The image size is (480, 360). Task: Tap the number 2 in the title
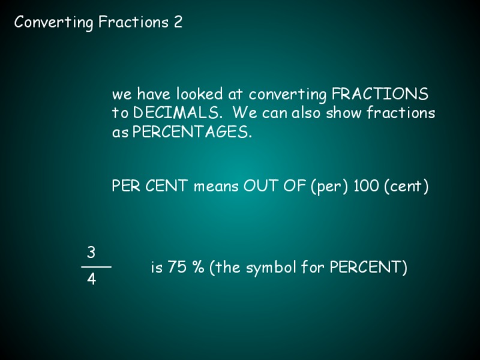tap(178, 23)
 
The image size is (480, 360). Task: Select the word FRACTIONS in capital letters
tap(380, 95)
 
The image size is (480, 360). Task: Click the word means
tap(217, 187)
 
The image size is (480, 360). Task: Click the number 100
tap(366, 187)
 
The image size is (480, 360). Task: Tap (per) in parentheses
tap(329, 187)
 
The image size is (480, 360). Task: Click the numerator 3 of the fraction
tap(91, 251)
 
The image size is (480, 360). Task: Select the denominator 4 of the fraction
tap(91, 280)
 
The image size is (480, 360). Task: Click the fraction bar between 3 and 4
tap(96, 266)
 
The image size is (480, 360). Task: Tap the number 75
tap(177, 268)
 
